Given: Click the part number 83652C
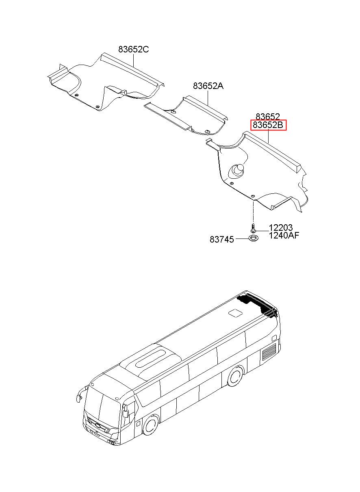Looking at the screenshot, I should [133, 50].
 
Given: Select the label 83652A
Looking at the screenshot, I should [208, 86].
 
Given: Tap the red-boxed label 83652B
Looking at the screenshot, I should [268, 125].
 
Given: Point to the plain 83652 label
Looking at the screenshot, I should [268, 117].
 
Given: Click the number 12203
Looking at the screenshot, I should [280, 228].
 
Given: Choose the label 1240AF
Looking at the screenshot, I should [284, 235].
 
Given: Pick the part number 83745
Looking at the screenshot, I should [221, 240].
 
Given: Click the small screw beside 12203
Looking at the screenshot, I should [253, 228].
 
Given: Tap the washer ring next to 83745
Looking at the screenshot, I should [253, 238].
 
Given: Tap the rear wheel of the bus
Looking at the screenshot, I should [235, 377].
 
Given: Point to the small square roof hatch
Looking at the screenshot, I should [234, 313].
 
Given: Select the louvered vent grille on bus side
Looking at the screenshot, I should [269, 351].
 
